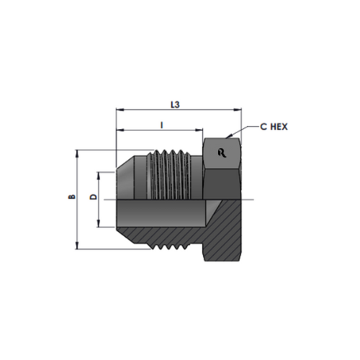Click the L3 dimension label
(x=174, y=104)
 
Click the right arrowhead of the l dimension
(x=200, y=131)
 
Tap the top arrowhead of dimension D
(x=100, y=174)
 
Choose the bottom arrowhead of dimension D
(x=100, y=225)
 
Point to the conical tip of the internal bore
(x=209, y=209)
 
